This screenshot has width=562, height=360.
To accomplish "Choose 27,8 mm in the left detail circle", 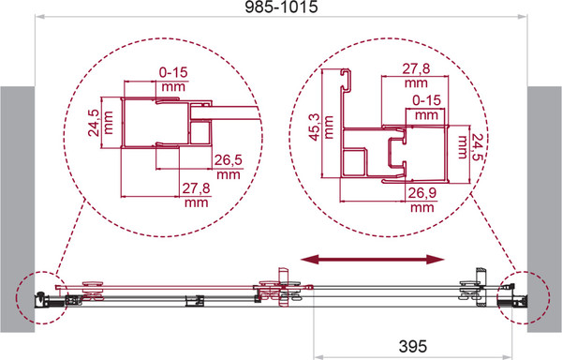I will click(196, 195).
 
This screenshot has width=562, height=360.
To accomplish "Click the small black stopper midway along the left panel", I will click(195, 300).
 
